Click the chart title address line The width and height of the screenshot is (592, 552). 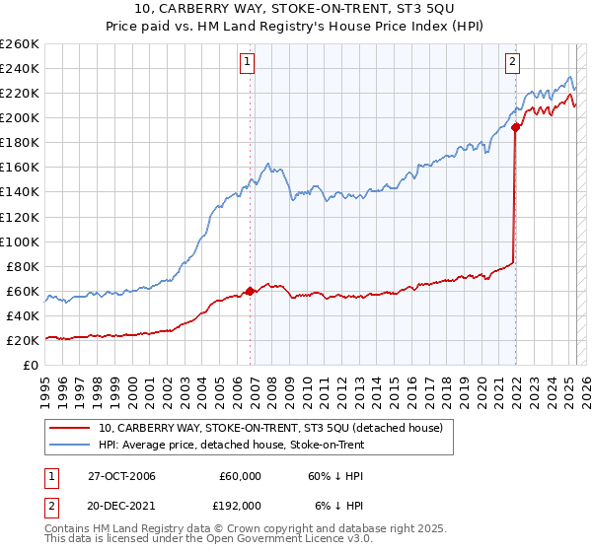[295, 11]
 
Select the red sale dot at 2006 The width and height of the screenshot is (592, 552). [251, 291]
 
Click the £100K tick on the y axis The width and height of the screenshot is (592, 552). [20, 241]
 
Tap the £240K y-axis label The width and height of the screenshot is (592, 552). [20, 68]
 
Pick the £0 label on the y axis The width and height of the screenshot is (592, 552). [32, 366]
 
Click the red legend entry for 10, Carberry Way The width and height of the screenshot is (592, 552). [275, 428]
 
